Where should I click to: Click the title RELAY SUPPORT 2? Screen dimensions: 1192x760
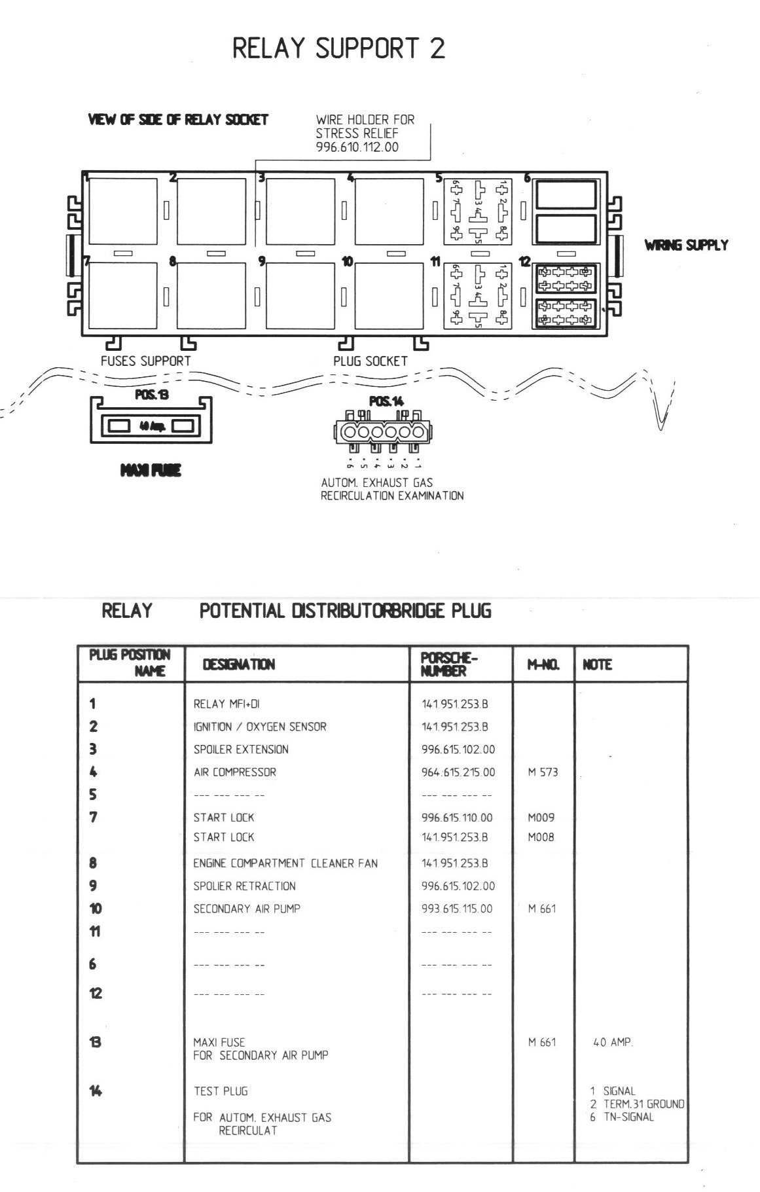pos(338,49)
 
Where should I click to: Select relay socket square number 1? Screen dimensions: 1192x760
pos(123,211)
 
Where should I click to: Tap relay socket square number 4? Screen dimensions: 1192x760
pos(389,211)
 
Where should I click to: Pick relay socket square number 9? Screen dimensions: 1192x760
pos(300,296)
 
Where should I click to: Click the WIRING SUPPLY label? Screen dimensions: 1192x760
pos(685,245)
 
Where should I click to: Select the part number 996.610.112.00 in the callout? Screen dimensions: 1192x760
pos(357,147)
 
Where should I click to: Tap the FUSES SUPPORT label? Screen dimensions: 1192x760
pos(145,361)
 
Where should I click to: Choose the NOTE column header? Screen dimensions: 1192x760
pos(597,665)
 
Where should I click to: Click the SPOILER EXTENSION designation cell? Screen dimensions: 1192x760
pos(240,750)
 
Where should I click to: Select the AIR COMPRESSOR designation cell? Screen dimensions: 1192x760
pos(234,772)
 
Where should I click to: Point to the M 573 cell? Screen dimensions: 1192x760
pos(543,772)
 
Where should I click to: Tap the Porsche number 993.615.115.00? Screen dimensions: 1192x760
pos(457,909)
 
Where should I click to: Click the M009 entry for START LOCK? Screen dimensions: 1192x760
pos(541,818)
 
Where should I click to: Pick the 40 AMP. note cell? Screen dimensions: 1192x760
pos(613,1042)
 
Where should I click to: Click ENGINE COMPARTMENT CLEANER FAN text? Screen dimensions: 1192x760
pos(285,863)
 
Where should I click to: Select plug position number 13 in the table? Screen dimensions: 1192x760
pos(95,1042)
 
